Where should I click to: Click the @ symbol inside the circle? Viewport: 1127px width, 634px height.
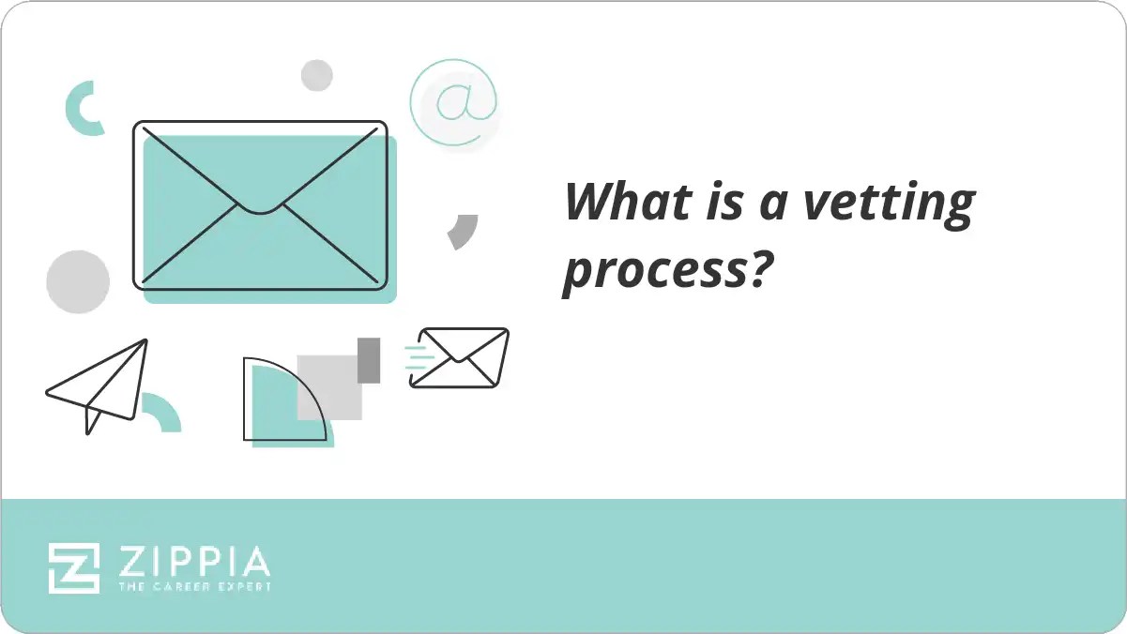[x=454, y=103]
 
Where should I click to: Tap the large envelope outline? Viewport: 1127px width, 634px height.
[x=260, y=204]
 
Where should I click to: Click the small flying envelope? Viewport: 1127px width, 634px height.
[x=460, y=357]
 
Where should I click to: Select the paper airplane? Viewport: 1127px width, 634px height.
[x=99, y=385]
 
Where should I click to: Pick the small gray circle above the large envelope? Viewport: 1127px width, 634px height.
[x=317, y=75]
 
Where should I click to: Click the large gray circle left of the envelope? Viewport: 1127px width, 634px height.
[x=78, y=281]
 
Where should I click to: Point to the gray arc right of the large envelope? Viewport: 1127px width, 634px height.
[x=464, y=231]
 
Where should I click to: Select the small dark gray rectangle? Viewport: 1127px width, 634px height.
[x=369, y=360]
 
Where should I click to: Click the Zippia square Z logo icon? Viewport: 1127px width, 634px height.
[x=74, y=566]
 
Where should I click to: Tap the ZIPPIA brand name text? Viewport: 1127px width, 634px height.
[x=193, y=562]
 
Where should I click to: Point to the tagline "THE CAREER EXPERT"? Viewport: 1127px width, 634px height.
[x=193, y=587]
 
